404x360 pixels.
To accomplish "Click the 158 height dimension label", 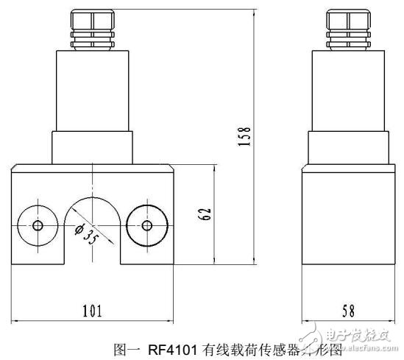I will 248,135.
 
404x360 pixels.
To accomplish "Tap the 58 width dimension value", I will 344,310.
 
